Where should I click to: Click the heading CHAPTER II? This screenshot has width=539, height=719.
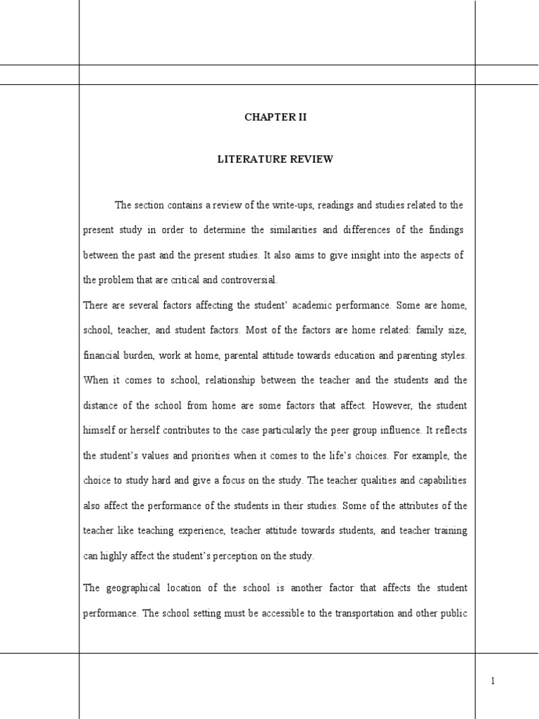point(275,117)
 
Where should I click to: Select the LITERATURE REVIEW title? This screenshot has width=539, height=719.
point(275,159)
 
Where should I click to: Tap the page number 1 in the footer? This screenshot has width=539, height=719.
point(493,680)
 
